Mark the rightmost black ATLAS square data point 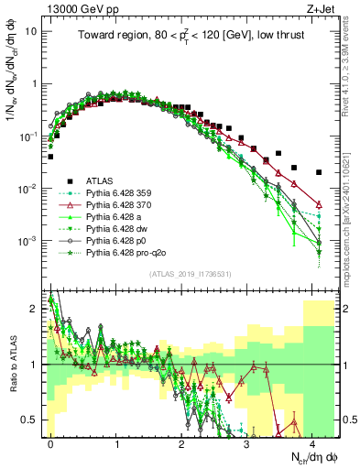(x=319, y=172)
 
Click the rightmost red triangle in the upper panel (x=319, y=204)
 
